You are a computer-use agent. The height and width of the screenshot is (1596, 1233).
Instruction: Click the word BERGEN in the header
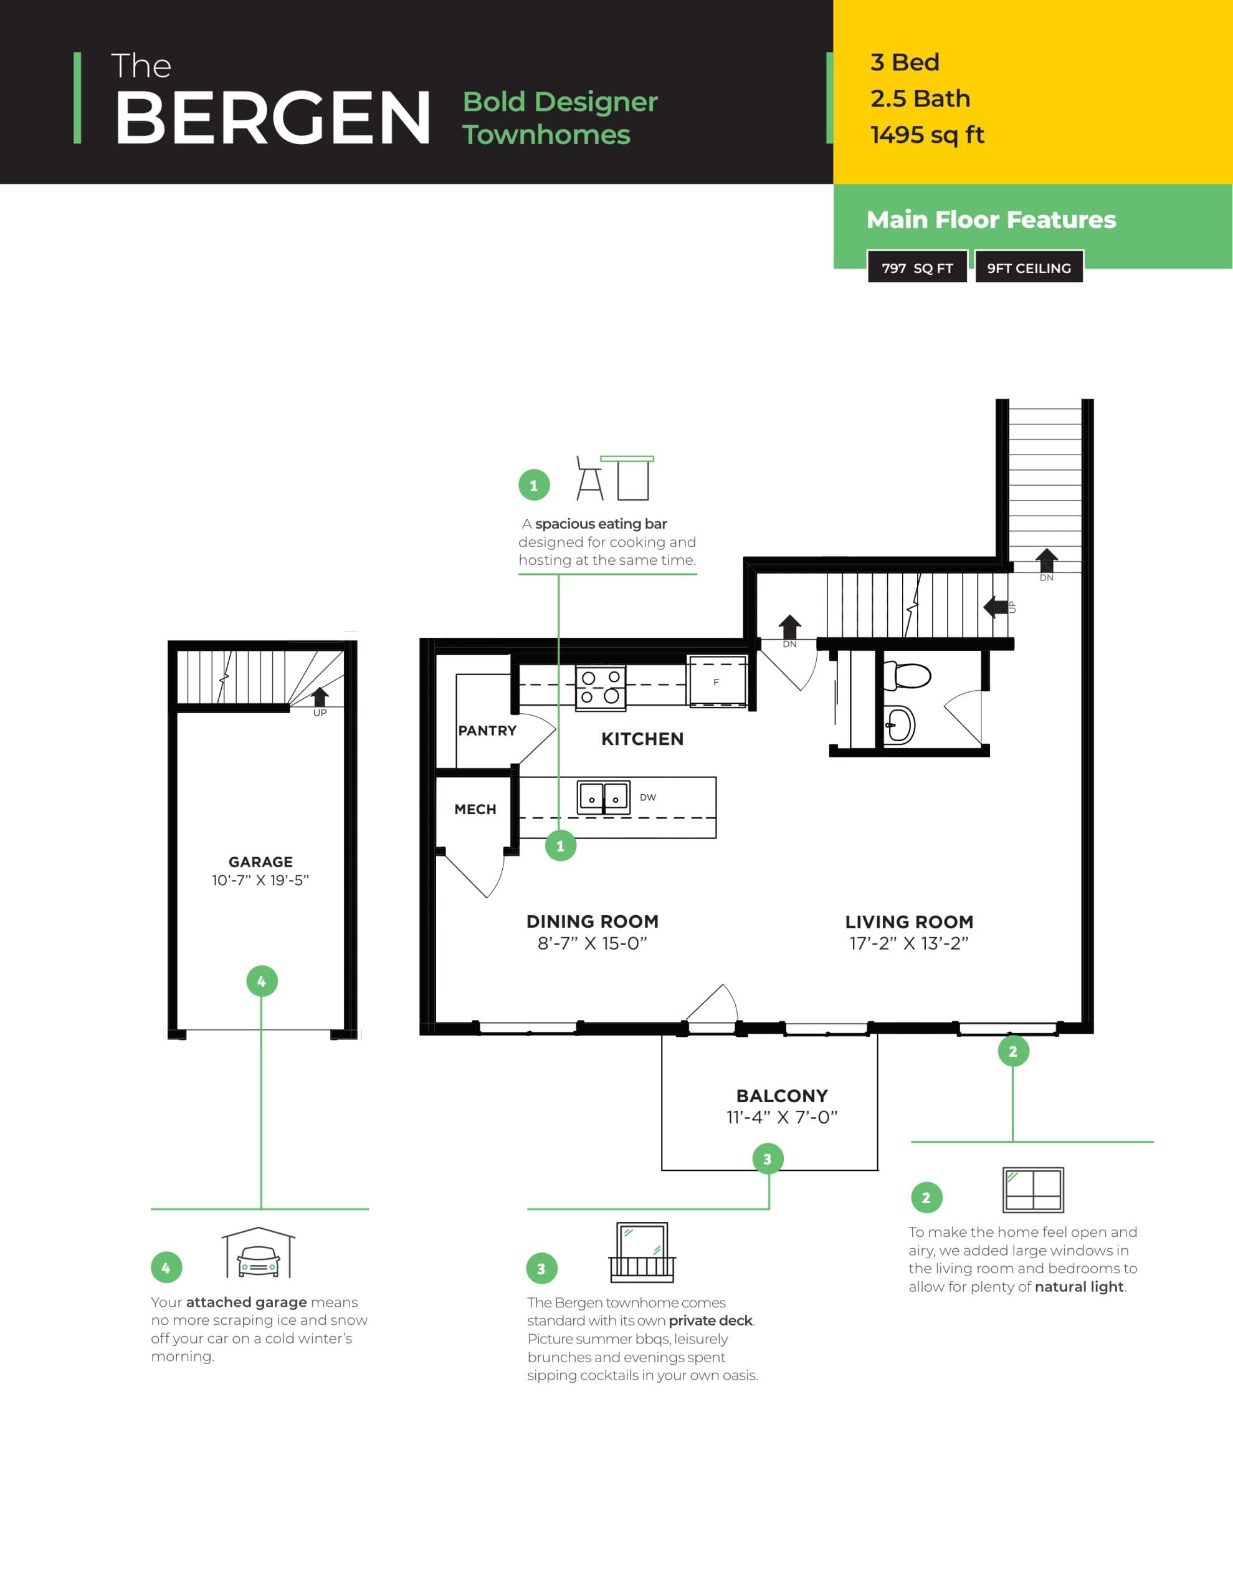(x=272, y=118)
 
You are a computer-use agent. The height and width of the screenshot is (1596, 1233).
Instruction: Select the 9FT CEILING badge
(x=1029, y=267)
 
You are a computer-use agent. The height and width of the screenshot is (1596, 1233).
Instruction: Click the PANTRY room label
(x=487, y=730)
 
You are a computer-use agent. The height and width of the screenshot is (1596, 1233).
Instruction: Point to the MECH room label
(x=475, y=809)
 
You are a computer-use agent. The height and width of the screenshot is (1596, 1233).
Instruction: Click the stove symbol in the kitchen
(x=601, y=688)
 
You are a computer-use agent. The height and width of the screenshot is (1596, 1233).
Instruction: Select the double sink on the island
(x=603, y=797)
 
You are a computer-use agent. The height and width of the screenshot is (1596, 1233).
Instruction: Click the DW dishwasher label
(x=647, y=797)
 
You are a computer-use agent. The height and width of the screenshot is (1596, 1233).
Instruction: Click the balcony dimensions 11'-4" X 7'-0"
(x=781, y=1117)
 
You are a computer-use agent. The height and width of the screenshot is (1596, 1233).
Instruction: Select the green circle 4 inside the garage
(x=262, y=981)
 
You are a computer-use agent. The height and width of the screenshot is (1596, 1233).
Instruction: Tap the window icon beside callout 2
(x=1032, y=1190)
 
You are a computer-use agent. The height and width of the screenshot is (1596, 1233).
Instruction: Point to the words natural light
(x=1078, y=1287)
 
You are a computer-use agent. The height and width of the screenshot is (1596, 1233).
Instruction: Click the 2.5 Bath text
(x=920, y=99)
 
